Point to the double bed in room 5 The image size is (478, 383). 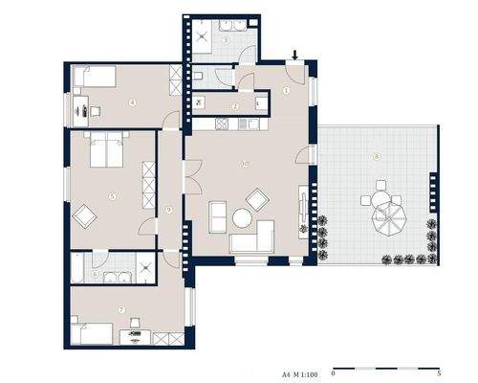click(x=106, y=150)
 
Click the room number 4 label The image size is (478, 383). click(x=132, y=101)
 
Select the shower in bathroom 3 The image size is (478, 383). click(x=200, y=32)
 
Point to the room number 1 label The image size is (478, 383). click(x=286, y=91)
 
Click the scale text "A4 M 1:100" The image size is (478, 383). click(x=300, y=368)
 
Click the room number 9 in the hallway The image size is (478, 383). click(x=168, y=209)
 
